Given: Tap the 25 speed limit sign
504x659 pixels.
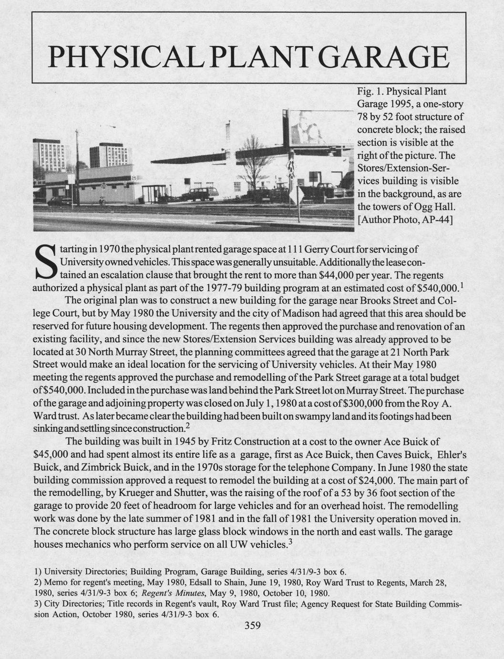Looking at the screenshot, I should (x=134, y=178).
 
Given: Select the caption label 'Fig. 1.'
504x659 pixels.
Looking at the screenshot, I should (x=370, y=91).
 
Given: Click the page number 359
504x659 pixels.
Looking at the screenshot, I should (x=252, y=626).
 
